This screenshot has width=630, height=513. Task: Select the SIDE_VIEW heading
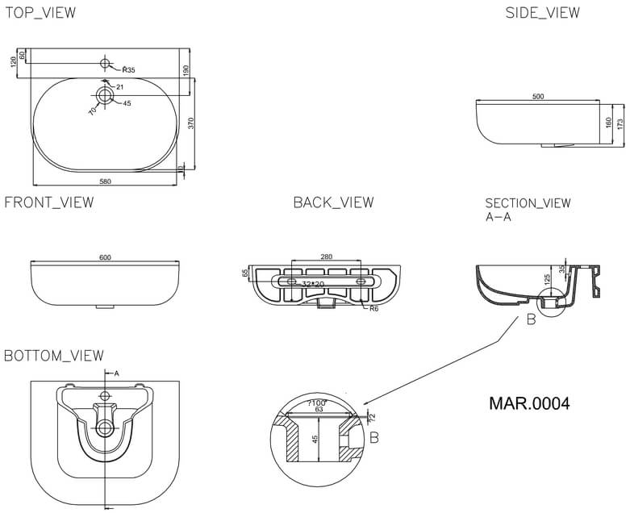[542, 13]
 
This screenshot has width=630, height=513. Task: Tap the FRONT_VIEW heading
[49, 202]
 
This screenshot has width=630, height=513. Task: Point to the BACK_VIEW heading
[333, 202]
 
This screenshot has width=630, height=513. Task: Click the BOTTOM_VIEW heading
[54, 356]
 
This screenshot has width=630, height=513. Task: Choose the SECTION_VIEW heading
[528, 203]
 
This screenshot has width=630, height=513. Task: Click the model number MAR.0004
[529, 403]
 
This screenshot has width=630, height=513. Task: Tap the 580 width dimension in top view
[105, 181]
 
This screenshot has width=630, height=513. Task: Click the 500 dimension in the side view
[538, 97]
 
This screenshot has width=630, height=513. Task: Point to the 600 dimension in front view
[105, 257]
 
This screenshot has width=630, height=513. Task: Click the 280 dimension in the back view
[326, 257]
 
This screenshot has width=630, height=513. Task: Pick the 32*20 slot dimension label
[313, 285]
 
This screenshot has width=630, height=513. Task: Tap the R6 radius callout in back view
[375, 310]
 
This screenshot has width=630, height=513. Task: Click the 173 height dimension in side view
[620, 124]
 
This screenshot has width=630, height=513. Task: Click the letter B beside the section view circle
[530, 320]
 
